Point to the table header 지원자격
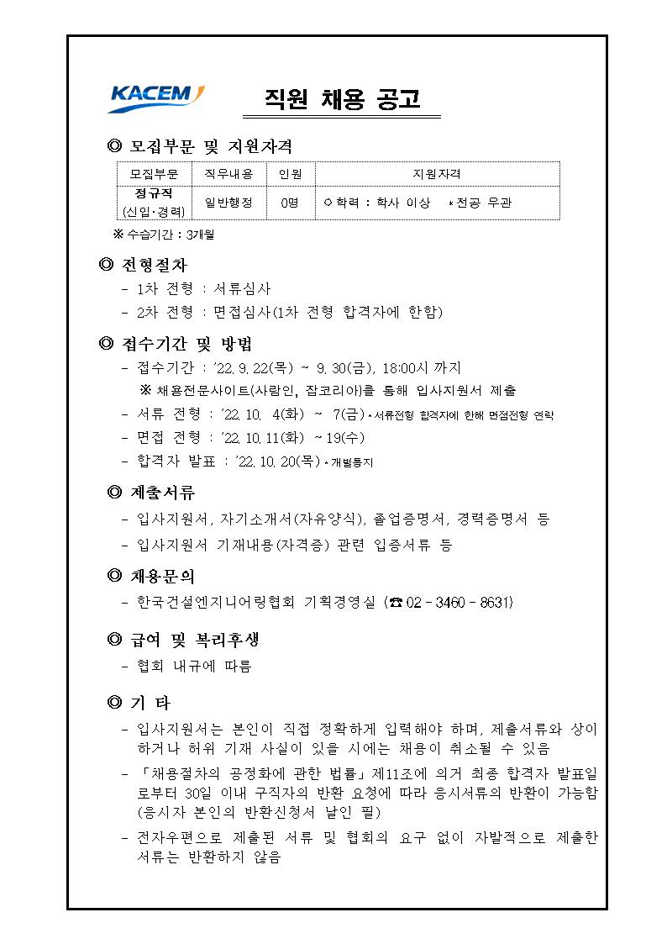[437, 174]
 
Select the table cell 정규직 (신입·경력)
[154, 203]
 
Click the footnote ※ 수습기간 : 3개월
[164, 235]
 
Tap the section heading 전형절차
[151, 266]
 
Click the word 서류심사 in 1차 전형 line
[242, 289]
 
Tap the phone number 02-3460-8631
[458, 603]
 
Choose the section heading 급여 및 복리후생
[195, 641]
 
